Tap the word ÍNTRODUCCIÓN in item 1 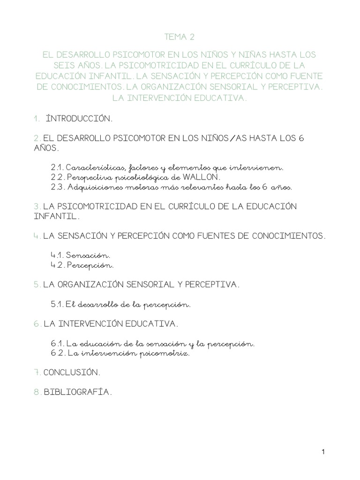79,119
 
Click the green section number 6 37,324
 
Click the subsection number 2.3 57,187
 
